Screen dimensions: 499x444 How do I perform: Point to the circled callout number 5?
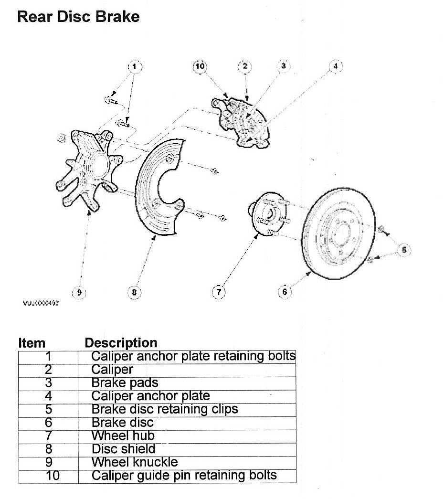[x=403, y=249]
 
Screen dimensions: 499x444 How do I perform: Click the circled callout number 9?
[x=79, y=293]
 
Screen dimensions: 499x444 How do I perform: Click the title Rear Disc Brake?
[x=78, y=17]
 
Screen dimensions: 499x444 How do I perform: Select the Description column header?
[x=120, y=343]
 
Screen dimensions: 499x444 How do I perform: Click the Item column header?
[x=32, y=343]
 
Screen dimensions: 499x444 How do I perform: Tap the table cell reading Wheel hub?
[x=123, y=435]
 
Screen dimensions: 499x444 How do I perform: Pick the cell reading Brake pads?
[x=124, y=382]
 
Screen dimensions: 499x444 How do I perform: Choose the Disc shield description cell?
[x=123, y=449]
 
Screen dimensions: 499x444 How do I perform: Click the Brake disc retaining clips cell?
[x=164, y=409]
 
